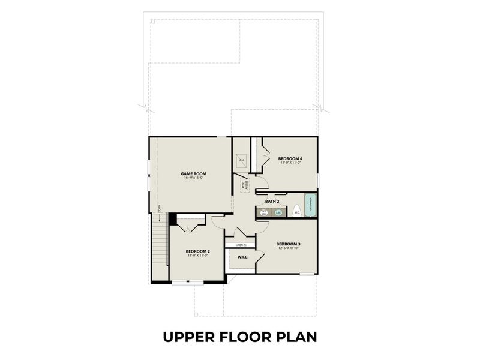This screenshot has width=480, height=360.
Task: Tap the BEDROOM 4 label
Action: tap(289, 158)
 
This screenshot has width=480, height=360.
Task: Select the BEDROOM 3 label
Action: tap(288, 244)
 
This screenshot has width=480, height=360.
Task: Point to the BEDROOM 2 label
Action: tap(197, 251)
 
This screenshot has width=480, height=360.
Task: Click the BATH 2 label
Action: tap(272, 202)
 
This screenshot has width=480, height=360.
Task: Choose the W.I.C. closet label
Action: tap(243, 257)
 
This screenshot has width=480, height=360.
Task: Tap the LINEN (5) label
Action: tap(241, 245)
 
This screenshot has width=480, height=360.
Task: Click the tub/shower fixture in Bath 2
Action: tap(310, 205)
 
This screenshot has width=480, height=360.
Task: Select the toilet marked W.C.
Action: tap(296, 212)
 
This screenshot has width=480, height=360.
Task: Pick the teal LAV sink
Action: tap(278, 212)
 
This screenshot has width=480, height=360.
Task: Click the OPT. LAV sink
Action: tap(264, 212)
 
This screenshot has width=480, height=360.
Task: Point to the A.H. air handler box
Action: tap(241, 160)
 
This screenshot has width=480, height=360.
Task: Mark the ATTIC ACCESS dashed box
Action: tap(245, 185)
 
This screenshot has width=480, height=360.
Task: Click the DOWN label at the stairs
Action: tap(159, 208)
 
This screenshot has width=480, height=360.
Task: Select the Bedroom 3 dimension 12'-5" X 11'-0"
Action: tap(288, 248)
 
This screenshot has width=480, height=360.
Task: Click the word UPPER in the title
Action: tap(189, 337)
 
